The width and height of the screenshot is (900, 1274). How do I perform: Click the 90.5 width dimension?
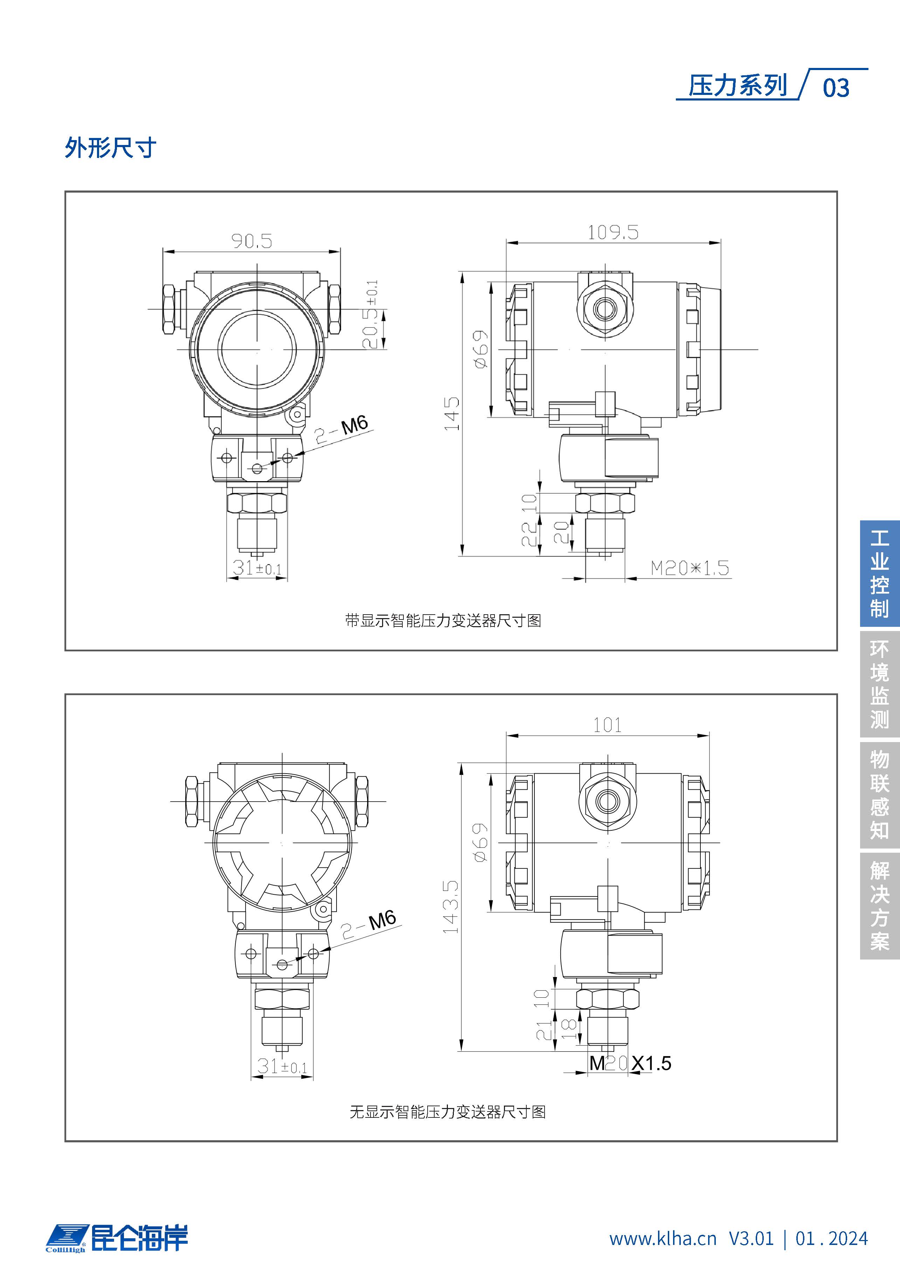[252, 241]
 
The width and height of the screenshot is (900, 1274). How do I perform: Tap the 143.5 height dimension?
[451, 906]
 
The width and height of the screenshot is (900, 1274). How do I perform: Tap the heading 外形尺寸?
[110, 147]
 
